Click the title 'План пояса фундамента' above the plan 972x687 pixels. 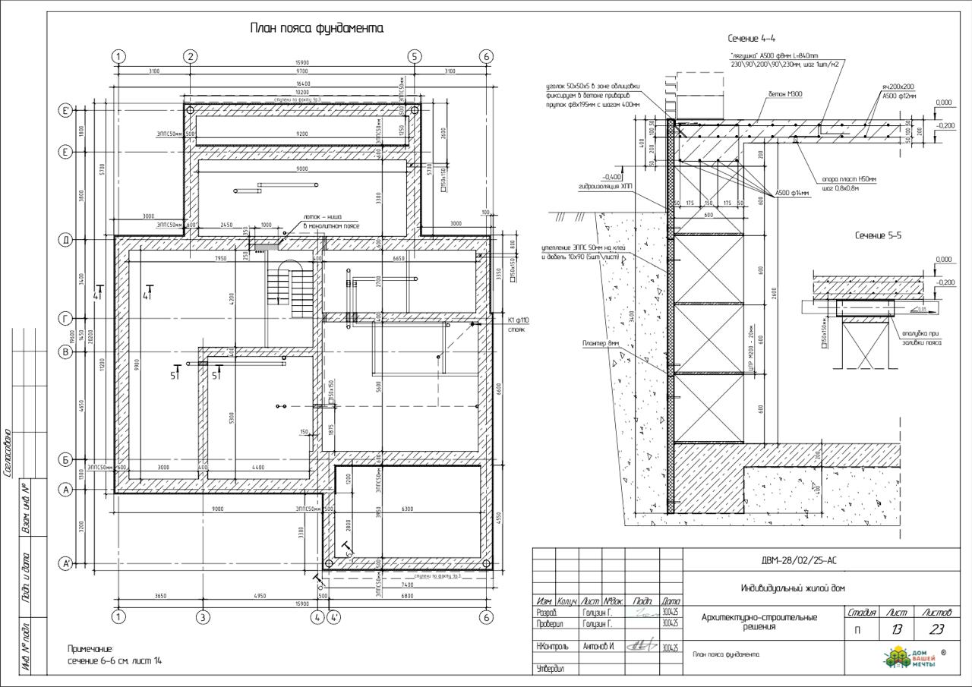click(317, 28)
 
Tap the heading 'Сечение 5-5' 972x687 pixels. click(878, 235)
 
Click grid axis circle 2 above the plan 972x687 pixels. click(191, 56)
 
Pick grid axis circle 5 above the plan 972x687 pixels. click(414, 56)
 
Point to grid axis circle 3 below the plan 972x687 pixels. click(203, 617)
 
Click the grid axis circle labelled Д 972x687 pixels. click(66, 240)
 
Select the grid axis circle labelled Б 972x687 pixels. click(66, 460)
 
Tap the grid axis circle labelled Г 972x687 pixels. click(66, 318)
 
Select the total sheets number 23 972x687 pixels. click(936, 629)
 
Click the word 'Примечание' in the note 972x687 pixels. click(90, 649)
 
